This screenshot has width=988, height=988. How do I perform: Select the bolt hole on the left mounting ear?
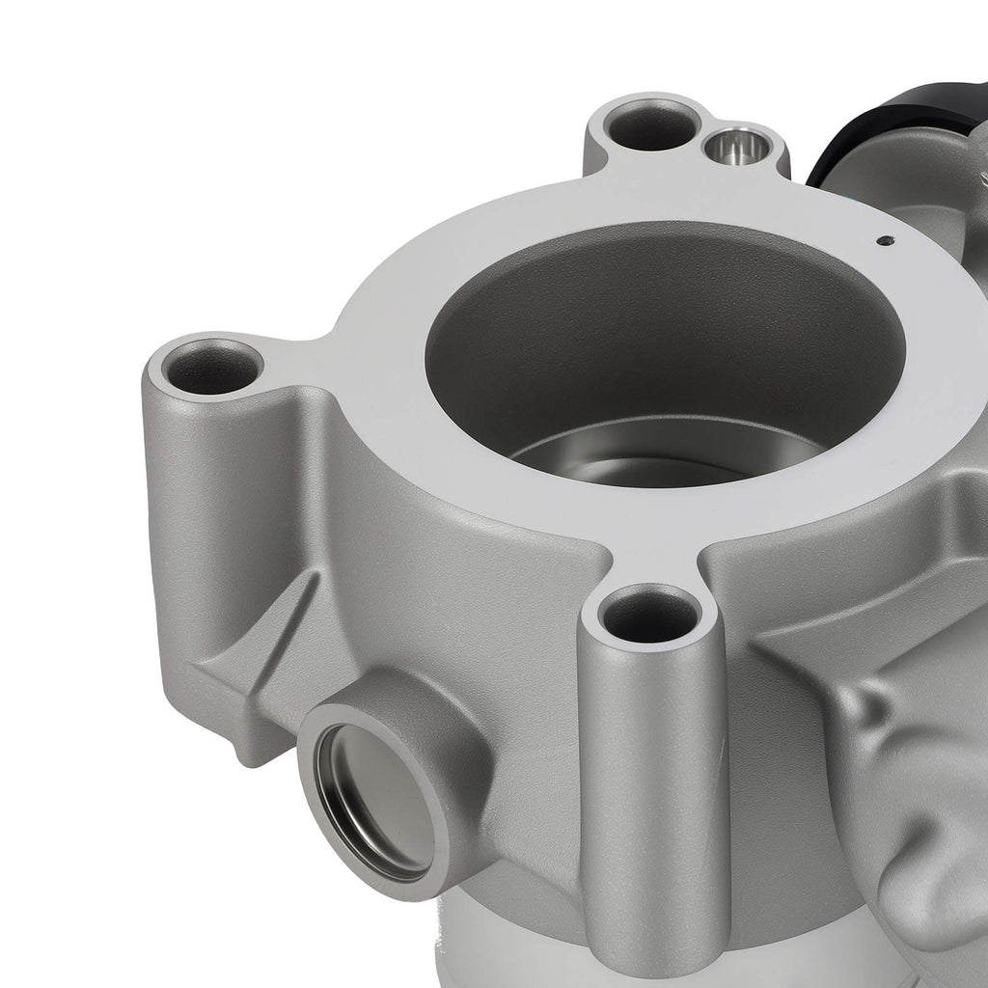tap(211, 367)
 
